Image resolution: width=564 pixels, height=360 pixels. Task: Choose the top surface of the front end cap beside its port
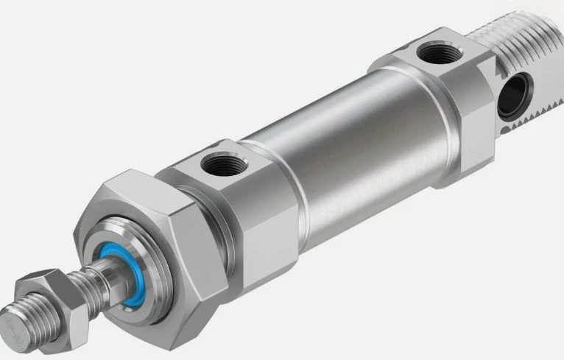(x=247, y=166)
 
